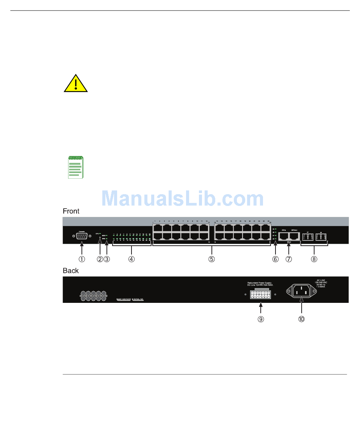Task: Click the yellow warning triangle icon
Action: (76, 84)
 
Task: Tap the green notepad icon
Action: (75, 167)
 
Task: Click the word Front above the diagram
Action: (71, 211)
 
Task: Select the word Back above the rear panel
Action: (70, 271)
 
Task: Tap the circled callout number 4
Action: (131, 259)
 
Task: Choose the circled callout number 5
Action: (212, 259)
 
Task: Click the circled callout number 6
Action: (275, 259)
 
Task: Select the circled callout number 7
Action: (289, 259)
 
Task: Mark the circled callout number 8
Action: (314, 259)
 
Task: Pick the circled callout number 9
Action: (261, 319)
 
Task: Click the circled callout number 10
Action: (301, 319)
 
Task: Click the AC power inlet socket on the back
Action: (301, 291)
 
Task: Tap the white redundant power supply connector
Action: (260, 295)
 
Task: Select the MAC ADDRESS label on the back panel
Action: (124, 299)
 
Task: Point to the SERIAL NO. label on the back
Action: (139, 299)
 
